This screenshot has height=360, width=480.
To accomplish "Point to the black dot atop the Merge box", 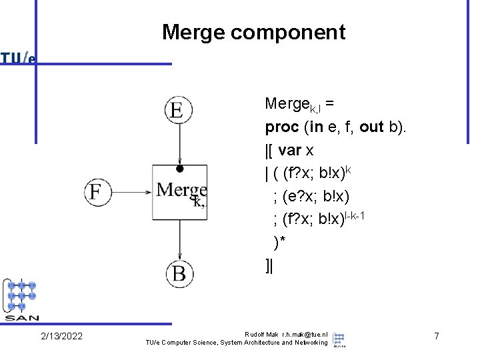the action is point(180,169).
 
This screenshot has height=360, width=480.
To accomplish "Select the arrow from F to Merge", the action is point(131,192).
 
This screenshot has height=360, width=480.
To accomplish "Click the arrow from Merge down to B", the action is point(180,240).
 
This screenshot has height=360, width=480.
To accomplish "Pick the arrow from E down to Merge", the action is point(180,144).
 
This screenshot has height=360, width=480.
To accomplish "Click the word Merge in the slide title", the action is point(194,33).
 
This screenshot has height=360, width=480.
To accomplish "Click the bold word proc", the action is point(282,127).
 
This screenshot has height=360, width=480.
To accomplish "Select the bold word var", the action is point(289,150).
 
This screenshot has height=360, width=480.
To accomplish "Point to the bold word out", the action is point(371,127).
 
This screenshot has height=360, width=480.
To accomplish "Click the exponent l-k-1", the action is point(355,216).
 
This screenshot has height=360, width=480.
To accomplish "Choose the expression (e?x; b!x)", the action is point(315,196).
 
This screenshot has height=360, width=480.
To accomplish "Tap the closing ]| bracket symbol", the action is point(269,265).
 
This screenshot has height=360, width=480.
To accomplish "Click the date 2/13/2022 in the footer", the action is point(61,336).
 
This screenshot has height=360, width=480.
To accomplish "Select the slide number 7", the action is point(437,336).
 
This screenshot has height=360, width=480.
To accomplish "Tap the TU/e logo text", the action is point(17,58).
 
